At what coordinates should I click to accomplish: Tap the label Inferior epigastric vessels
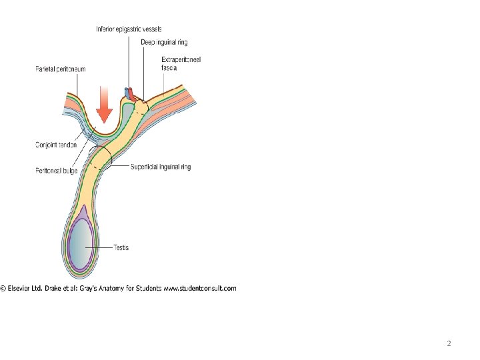(129, 29)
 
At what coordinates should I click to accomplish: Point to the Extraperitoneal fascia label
(181, 64)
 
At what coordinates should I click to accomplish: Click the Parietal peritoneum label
(61, 69)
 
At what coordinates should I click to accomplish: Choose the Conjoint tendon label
(56, 145)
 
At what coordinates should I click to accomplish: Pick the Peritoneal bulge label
(57, 171)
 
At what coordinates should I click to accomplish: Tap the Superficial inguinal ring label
(161, 167)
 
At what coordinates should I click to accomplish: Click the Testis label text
(121, 247)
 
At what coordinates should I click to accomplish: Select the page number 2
(449, 344)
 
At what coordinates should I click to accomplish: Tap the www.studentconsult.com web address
(200, 289)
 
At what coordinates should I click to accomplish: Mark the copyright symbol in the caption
(3, 289)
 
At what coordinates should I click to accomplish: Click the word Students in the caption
(149, 289)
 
